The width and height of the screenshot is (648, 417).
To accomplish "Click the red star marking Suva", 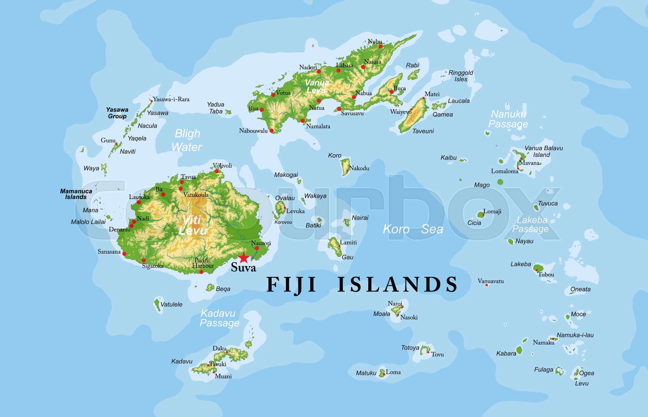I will tap(243, 257).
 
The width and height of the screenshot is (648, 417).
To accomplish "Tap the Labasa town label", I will tap(345, 65).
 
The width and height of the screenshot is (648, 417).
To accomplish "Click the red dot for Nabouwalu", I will tap(272, 130).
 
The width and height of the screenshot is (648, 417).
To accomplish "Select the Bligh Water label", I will tap(187, 140).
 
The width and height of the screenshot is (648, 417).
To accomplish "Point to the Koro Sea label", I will tap(413, 229).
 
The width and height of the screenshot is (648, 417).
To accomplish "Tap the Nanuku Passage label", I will tap(508, 119).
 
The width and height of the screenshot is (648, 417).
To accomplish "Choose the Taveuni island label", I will tap(423, 131).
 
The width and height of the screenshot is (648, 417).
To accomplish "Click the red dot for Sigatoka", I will tap(144, 260).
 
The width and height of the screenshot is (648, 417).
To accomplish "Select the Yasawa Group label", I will tap(117, 113).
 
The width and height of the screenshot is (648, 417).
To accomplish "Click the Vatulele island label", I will tap(171, 304).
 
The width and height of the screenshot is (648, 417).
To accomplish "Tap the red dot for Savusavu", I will tap(339, 109).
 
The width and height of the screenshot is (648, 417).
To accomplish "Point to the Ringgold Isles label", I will tap(461, 76).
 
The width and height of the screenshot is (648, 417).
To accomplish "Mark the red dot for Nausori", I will tap(257, 248).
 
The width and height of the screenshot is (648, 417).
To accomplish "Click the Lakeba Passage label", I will tap(531, 225).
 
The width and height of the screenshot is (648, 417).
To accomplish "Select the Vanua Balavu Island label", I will tap(544, 151).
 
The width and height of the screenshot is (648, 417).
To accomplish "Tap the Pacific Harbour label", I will tap(203, 263).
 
